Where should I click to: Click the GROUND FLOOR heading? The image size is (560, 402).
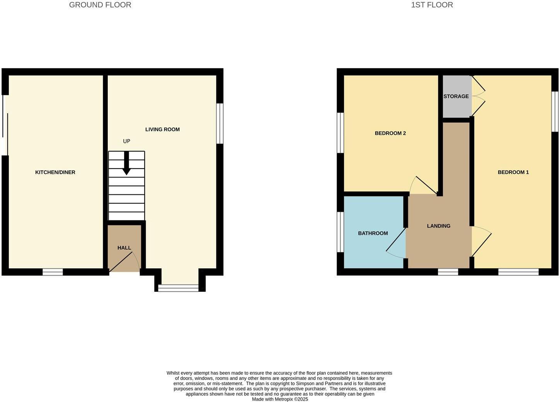coord(100,5)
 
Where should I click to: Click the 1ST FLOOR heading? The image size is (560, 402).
coord(432,5)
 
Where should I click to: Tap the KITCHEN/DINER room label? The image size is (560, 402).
coord(55,172)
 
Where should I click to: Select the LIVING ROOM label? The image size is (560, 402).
coord(162,129)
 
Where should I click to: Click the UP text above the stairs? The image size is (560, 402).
coord(126,141)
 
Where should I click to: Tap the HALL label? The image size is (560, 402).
coord(124,248)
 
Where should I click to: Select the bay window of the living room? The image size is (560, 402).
coord(179,288)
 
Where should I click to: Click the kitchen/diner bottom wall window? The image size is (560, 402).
coord(53,272)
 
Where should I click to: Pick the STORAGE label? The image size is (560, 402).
coord(456,96)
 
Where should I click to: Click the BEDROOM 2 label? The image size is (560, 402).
coord(390,133)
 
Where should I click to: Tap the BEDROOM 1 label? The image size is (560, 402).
coord(513,172)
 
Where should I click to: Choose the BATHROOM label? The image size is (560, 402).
coord(373,233)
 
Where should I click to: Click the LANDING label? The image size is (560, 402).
coord(439,226)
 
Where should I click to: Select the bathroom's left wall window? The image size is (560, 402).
coord(340,232)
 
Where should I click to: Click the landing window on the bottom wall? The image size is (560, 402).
coord(448,272)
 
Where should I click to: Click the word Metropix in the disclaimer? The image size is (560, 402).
coord(284,399)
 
